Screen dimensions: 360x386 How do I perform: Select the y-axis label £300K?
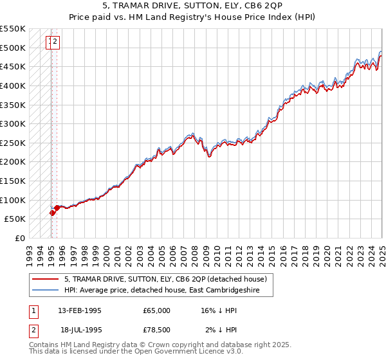[13, 123]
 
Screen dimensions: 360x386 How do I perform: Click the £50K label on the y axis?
[15, 219]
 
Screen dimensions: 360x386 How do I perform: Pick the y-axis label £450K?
[13, 66]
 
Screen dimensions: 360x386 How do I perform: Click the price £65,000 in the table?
[157, 310]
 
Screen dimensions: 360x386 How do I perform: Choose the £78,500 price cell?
[157, 330]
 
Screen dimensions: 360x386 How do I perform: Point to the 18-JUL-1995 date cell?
[80, 330]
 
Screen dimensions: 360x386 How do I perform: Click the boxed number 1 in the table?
[33, 310]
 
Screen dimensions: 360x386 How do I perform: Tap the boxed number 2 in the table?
[33, 330]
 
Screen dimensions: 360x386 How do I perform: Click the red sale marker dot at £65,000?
[52, 213]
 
